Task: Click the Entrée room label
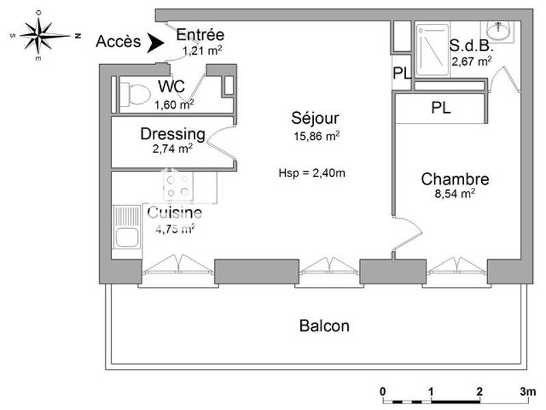tap(200, 36)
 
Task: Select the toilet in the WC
tap(134, 94)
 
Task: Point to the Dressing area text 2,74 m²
tap(173, 146)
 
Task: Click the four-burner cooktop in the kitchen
tap(179, 186)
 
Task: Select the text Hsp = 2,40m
tap(312, 172)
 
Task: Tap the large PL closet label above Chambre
tap(440, 107)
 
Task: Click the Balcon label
tap(324, 326)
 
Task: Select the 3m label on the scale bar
tap(528, 392)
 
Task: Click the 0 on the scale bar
tap(383, 392)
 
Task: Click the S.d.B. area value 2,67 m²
tap(471, 61)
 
